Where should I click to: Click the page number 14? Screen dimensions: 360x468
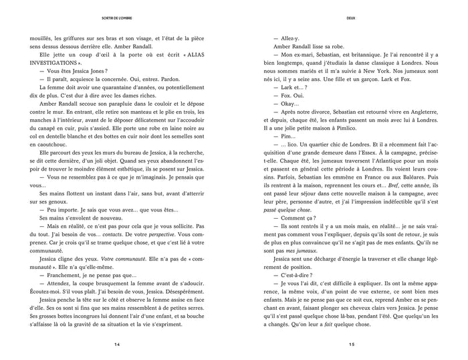[117, 345]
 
